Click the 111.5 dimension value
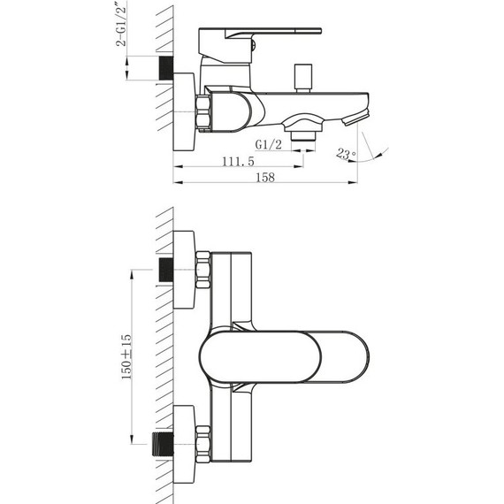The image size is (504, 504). coord(238,161)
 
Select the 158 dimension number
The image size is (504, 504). coord(265,177)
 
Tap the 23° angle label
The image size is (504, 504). coord(346,154)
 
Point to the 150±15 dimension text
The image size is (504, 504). coord(126,357)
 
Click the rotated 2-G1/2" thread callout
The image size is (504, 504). coord(121,24)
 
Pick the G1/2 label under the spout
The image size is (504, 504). coord(269,145)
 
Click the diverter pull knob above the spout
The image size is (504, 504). coord(303,78)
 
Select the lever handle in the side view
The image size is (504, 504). coord(260,45)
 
